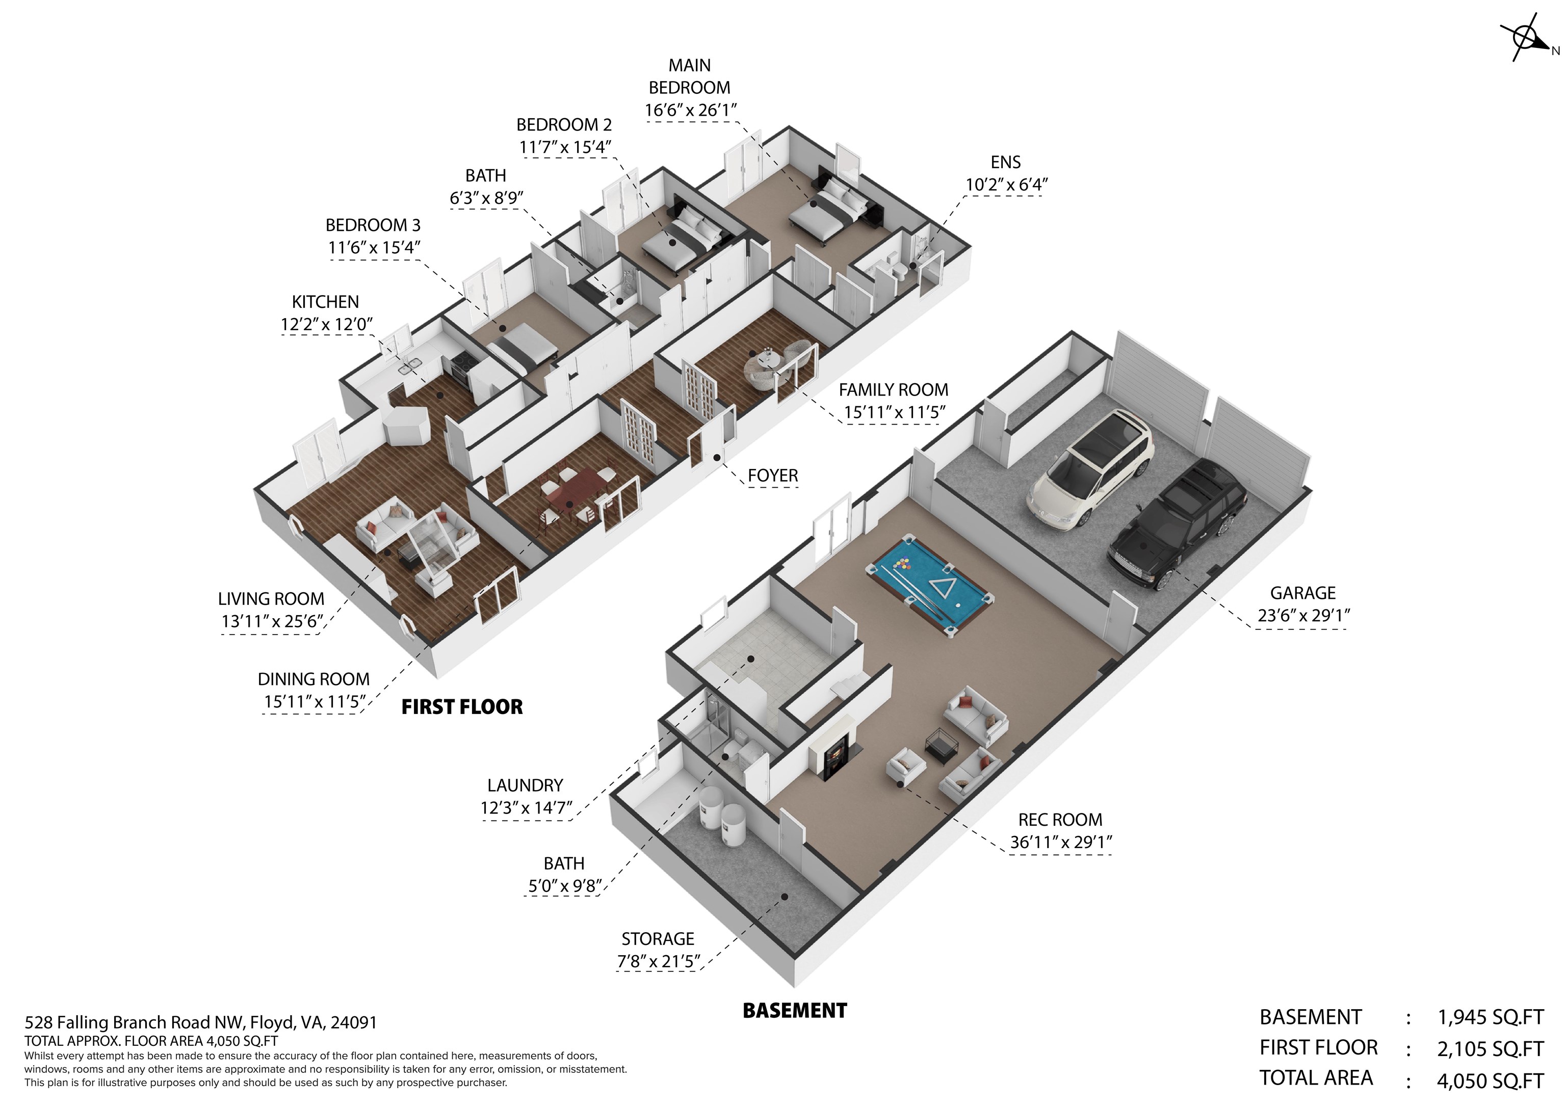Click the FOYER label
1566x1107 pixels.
[x=773, y=476]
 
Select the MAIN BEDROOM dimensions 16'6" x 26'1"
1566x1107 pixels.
[x=691, y=110]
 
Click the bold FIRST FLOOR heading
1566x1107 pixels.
[x=462, y=706]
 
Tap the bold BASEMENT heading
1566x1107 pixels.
[x=795, y=1011]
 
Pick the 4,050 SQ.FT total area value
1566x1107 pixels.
[x=1490, y=1081]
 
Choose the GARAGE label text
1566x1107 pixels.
[x=1303, y=593]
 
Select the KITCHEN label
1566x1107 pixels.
[x=325, y=302]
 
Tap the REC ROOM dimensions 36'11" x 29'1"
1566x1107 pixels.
[x=1061, y=842]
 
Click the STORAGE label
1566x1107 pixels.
[x=658, y=939]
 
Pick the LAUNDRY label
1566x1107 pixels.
[x=525, y=786]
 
